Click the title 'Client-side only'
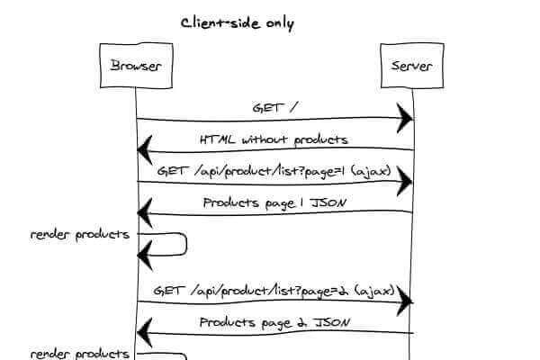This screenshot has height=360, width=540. point(238,23)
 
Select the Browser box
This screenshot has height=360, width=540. point(135,67)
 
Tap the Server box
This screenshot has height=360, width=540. point(412,67)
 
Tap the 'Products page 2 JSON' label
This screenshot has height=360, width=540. point(274,322)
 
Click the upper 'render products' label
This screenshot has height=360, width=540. point(80,235)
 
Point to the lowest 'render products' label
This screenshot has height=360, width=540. point(80,354)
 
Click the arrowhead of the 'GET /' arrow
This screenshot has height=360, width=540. point(407,118)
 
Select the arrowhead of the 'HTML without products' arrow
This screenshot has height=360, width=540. point(143,148)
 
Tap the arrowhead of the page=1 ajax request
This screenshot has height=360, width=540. point(407,182)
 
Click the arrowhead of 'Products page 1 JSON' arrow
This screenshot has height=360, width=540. point(143,213)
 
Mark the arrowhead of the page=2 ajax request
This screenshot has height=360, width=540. point(407,301)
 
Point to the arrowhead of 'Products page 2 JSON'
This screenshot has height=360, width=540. point(143,333)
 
